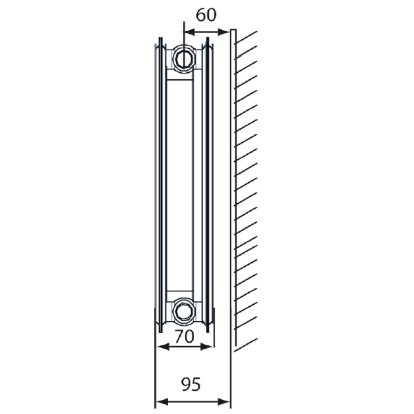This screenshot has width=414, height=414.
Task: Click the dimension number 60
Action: click(206, 15)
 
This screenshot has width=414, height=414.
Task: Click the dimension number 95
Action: click(191, 384)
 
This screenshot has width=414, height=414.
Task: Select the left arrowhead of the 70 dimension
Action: click(160, 345)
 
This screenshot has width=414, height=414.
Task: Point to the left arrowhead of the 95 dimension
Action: click(159, 402)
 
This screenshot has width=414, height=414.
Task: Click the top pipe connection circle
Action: click(184, 57)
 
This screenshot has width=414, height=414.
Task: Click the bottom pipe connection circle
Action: click(184, 308)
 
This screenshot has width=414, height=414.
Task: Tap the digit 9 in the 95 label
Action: click(185, 384)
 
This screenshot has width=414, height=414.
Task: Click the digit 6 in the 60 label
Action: click(200, 15)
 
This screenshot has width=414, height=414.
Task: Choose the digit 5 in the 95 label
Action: click(196, 384)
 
